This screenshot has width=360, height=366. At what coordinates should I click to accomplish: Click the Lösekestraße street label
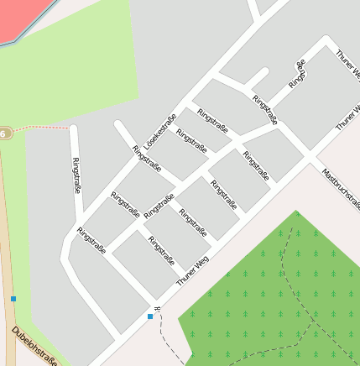159,132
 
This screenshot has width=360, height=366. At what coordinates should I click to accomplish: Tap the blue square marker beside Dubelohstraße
13,299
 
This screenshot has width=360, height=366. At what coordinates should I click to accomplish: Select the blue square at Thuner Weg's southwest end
150,316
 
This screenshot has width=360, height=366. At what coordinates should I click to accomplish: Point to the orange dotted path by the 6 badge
42,128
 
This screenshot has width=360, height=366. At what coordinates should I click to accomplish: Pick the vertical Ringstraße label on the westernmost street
77,175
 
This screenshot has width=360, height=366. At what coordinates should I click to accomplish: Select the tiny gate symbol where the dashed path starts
157,309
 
